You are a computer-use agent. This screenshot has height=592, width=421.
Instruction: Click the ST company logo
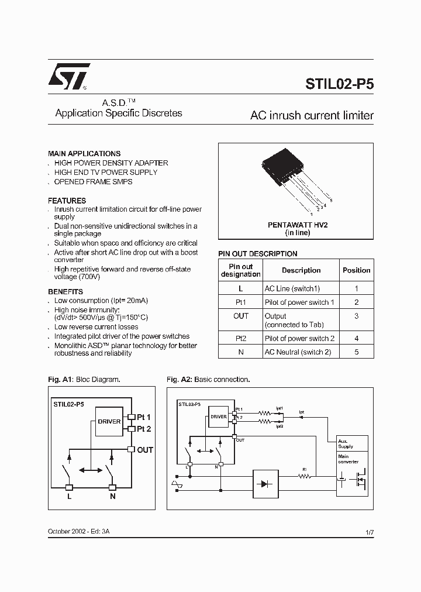point(68,76)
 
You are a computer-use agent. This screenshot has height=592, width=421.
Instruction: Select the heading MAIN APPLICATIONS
point(84,153)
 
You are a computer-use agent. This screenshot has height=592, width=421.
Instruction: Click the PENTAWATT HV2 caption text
point(298,225)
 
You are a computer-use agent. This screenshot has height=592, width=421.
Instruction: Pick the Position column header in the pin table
point(356,270)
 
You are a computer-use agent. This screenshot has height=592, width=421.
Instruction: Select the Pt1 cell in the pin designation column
point(240,302)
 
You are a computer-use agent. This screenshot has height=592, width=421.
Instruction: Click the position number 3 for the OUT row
point(356,316)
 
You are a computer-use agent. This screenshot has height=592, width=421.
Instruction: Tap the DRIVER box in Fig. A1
point(109,422)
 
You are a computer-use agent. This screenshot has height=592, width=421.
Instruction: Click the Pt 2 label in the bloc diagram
point(144,429)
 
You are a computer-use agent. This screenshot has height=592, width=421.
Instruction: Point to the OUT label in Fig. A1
point(144,450)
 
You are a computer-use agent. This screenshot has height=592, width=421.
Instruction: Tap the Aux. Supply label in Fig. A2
point(346,444)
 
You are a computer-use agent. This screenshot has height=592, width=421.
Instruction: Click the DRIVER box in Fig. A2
point(219,417)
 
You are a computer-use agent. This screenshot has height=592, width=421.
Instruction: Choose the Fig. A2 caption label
point(180,380)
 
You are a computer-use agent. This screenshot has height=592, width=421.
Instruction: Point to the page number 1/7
point(369,532)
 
